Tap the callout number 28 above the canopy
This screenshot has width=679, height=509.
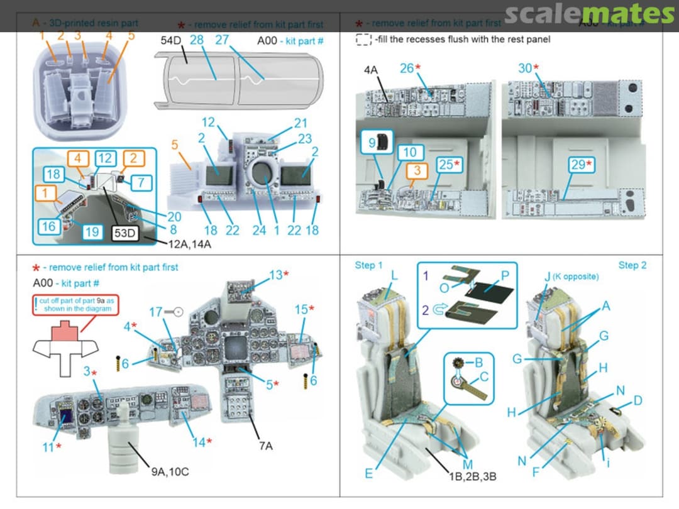pyautogui.click(x=197, y=40)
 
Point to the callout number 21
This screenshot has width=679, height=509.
pyautogui.click(x=301, y=123)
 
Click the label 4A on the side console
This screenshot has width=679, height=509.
pyautogui.click(x=371, y=70)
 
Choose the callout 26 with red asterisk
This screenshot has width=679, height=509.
pyautogui.click(x=409, y=68)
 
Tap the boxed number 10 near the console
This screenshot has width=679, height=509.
pyautogui.click(x=409, y=153)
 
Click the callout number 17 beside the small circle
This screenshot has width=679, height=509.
pyautogui.click(x=157, y=312)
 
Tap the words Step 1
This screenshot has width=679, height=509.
pyautogui.click(x=368, y=265)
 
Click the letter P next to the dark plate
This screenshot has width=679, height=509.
pyautogui.click(x=504, y=276)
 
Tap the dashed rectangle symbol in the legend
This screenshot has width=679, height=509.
pyautogui.click(x=363, y=40)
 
